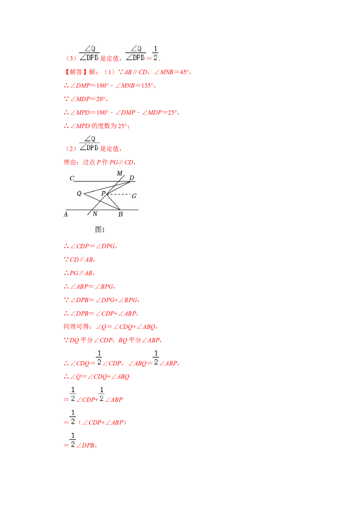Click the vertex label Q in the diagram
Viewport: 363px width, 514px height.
coord(79,193)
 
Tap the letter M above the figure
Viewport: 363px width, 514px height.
coord(120,173)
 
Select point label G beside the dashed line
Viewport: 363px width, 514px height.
coord(134,196)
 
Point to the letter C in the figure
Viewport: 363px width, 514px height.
coord(72,178)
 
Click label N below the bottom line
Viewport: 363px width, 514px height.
coord(95,214)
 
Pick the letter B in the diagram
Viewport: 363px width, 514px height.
coord(121,214)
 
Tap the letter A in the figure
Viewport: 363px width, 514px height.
coord(66,214)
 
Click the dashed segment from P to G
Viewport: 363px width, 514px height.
coord(118,194)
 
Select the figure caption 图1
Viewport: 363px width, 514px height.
coord(100,229)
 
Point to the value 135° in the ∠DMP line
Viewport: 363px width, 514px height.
coord(147,85)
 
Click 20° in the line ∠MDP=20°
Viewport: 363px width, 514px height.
coord(101,99)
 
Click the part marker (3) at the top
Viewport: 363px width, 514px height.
coord(71,59)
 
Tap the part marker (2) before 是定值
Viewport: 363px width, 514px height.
coord(71,148)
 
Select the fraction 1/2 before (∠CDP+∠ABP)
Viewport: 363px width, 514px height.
coord(73,417)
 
